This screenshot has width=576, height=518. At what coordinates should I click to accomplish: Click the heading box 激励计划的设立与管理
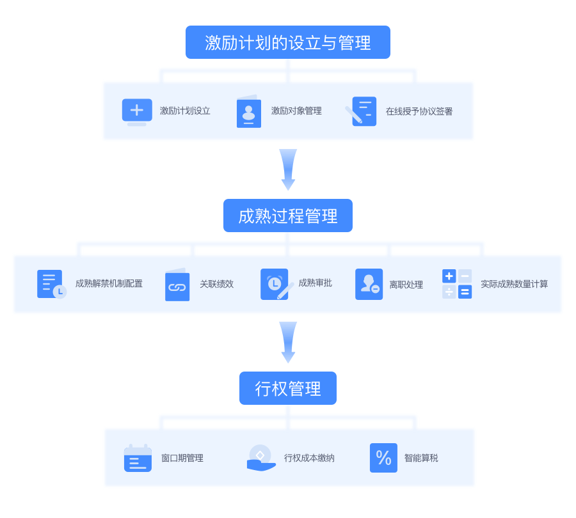pos(288,42)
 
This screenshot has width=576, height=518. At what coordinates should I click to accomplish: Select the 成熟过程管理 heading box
pos(288,216)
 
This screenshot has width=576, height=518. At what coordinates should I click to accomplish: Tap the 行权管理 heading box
pos(288,388)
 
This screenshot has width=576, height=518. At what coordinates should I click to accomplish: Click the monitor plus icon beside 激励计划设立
pos(137,111)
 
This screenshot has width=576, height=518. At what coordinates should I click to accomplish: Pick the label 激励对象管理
pos(296,111)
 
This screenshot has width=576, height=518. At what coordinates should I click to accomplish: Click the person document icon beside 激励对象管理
pos(248,112)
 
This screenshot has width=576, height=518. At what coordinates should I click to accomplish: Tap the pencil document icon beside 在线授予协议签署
pos(362,111)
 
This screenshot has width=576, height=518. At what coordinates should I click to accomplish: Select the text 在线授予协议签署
pos(419,111)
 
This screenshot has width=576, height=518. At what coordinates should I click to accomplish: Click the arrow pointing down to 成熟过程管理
pos(288,169)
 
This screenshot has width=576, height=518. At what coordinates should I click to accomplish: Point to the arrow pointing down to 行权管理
pos(288,341)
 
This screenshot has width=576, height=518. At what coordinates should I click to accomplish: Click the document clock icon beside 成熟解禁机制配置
pos(51,284)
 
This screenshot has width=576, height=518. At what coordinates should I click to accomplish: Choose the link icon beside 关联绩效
pos(177,285)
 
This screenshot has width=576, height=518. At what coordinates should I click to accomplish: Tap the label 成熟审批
pos(315,283)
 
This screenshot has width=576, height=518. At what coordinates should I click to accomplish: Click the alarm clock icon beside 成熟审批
pos(275,284)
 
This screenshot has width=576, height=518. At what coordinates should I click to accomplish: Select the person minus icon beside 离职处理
pos(369,284)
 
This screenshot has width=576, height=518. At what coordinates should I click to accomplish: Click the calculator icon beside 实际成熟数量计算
pos(457,284)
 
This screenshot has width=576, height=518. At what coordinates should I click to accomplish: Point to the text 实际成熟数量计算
pos(514,284)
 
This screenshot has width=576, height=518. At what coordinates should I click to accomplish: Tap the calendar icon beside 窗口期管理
pos(138,459)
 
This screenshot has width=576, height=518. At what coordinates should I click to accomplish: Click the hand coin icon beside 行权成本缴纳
pos(260,458)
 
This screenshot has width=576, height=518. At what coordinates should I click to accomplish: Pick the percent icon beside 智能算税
pos(383,458)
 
